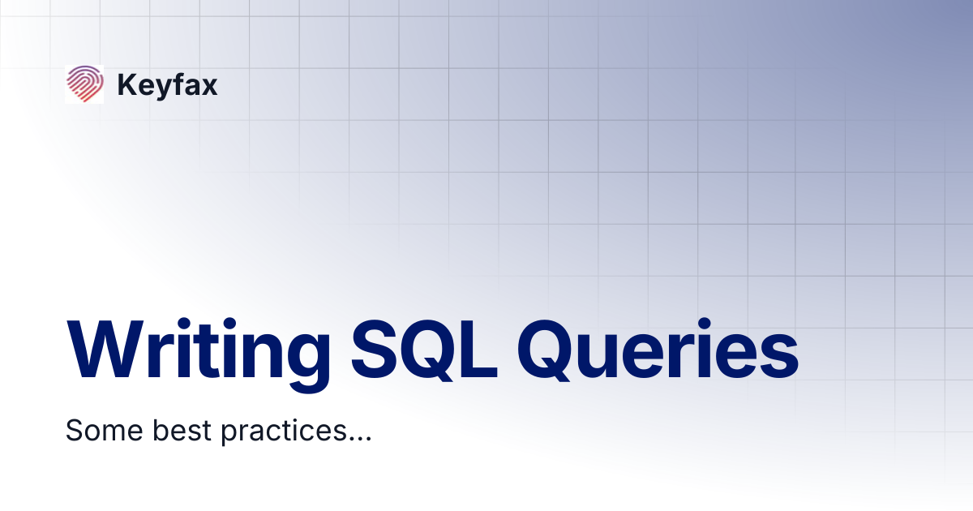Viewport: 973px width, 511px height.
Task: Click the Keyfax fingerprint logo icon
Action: [84, 84]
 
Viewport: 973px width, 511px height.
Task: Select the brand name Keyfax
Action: [167, 85]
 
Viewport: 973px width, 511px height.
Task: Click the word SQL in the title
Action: [426, 349]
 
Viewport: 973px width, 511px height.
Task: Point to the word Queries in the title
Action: [658, 349]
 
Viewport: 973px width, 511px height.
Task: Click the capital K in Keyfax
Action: [126, 85]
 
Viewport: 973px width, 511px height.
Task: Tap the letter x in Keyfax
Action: [209, 88]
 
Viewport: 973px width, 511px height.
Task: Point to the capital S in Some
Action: [75, 430]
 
